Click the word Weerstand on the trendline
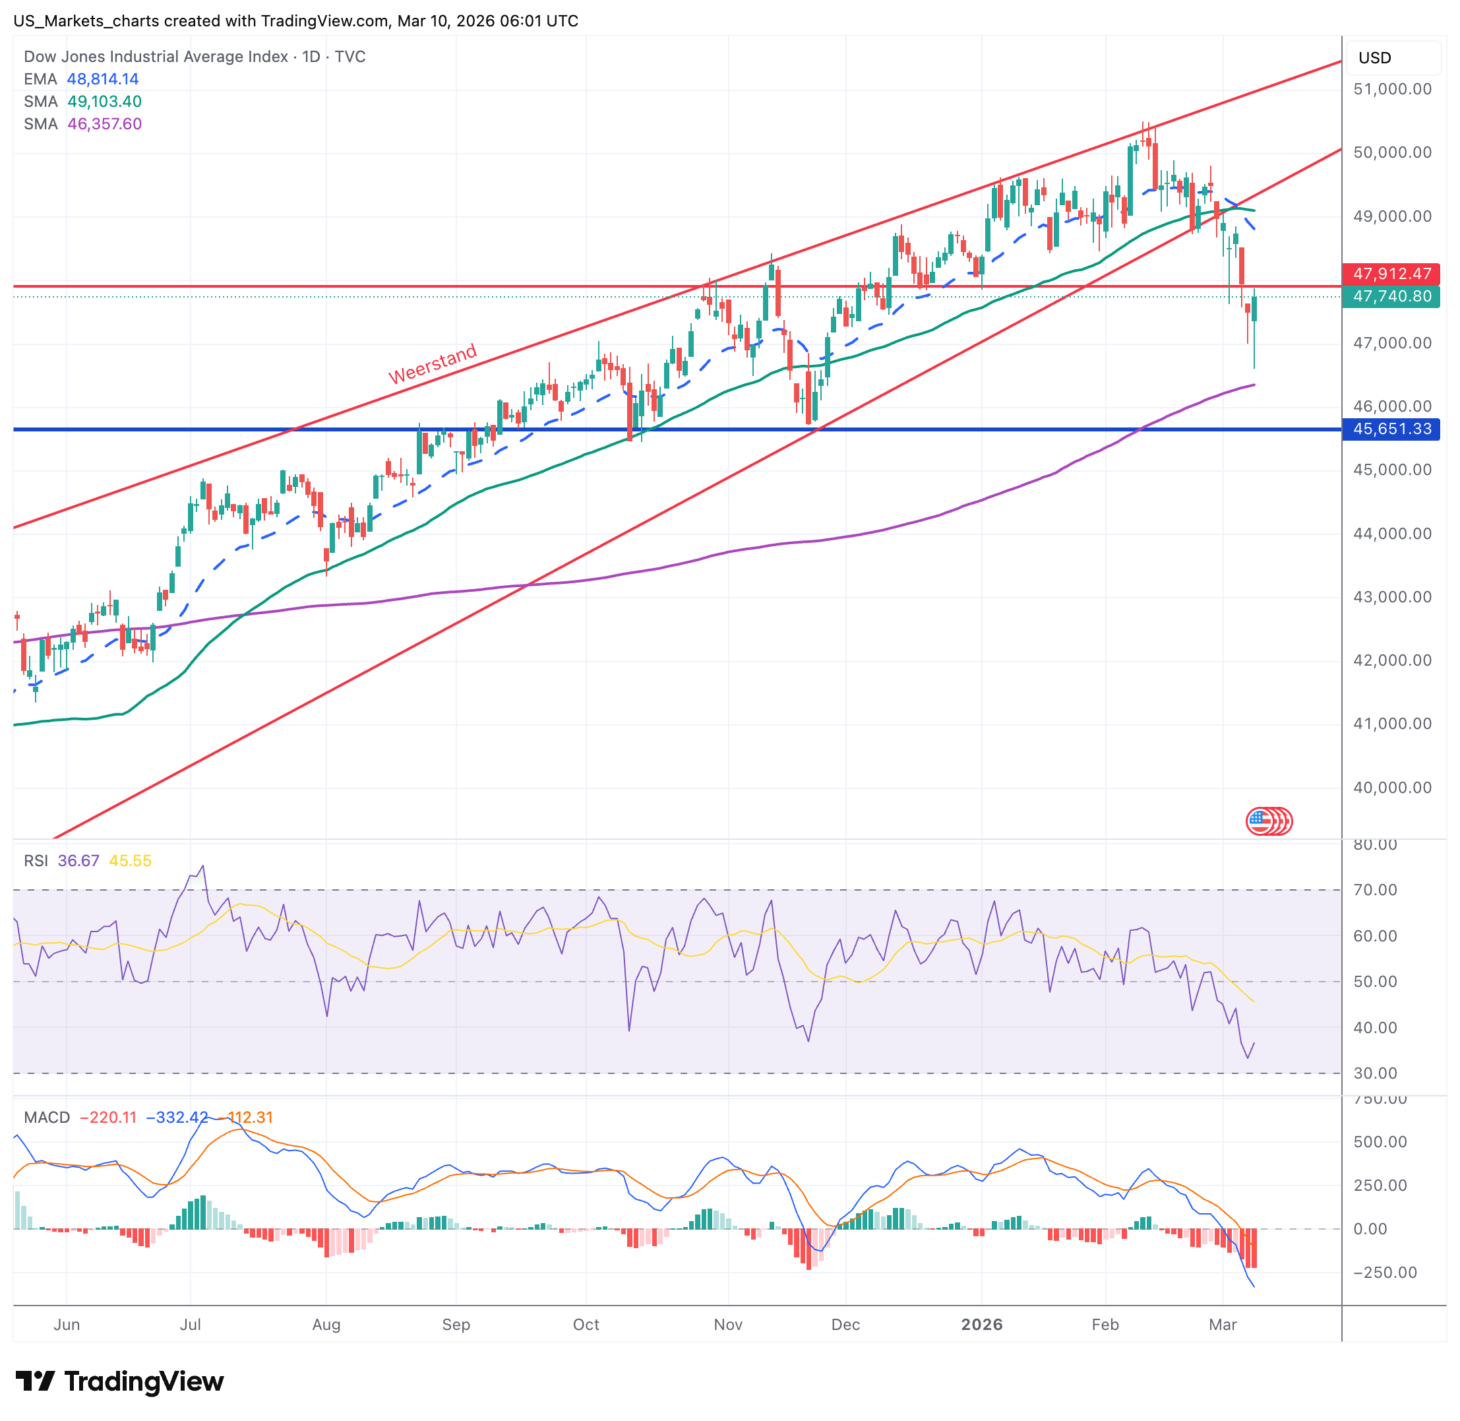point(433,363)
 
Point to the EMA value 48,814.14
point(103,79)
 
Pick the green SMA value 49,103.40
point(104,102)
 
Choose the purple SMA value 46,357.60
point(104,124)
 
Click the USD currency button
point(1374,58)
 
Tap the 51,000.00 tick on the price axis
point(1392,89)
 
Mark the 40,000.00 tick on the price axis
point(1392,788)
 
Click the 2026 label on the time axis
point(981,1324)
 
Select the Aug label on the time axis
point(326,1324)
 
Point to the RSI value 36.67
point(78,860)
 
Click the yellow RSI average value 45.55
point(131,860)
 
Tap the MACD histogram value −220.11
point(108,1118)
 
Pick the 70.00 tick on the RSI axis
point(1375,890)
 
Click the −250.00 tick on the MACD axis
point(1385,1273)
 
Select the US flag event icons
point(1269,822)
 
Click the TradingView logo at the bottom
point(119,1381)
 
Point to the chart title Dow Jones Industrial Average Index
point(156,57)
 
